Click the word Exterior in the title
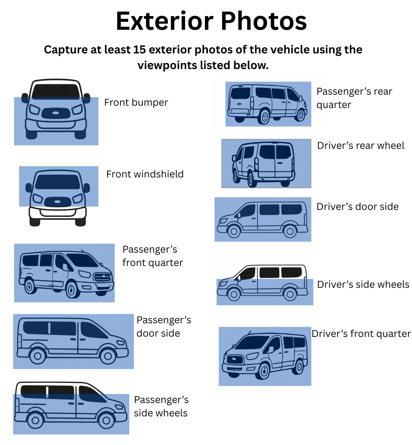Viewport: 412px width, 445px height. pyautogui.click(x=164, y=21)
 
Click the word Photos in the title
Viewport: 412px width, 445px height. pyautogui.click(x=264, y=21)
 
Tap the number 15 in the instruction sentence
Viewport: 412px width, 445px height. pyautogui.click(x=139, y=50)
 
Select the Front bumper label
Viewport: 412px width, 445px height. pyautogui.click(x=136, y=102)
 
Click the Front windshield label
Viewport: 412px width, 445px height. pyautogui.click(x=145, y=174)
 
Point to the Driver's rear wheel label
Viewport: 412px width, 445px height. pyautogui.click(x=360, y=145)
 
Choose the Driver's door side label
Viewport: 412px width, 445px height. pyautogui.click(x=357, y=206)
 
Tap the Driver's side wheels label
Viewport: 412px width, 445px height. pyautogui.click(x=363, y=284)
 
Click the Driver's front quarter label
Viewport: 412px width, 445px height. pyautogui.click(x=361, y=334)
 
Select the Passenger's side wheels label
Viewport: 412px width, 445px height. pyautogui.click(x=161, y=406)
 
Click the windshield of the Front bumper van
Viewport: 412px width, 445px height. pyautogui.click(x=56, y=91)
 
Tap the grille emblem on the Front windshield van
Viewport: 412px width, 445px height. pyautogui.click(x=58, y=202)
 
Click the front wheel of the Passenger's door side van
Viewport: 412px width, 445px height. pyautogui.click(x=108, y=356)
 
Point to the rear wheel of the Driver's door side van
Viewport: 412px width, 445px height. pyautogui.click(x=290, y=231)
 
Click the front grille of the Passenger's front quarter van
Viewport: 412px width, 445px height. pyautogui.click(x=102, y=277)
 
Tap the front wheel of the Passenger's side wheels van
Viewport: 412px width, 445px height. pyautogui.click(x=106, y=420)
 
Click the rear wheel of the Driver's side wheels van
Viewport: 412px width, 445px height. pyautogui.click(x=290, y=294)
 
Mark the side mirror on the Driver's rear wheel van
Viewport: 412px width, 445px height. pyautogui.click(x=234, y=158)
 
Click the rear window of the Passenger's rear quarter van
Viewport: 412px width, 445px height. pyautogui.click(x=240, y=93)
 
